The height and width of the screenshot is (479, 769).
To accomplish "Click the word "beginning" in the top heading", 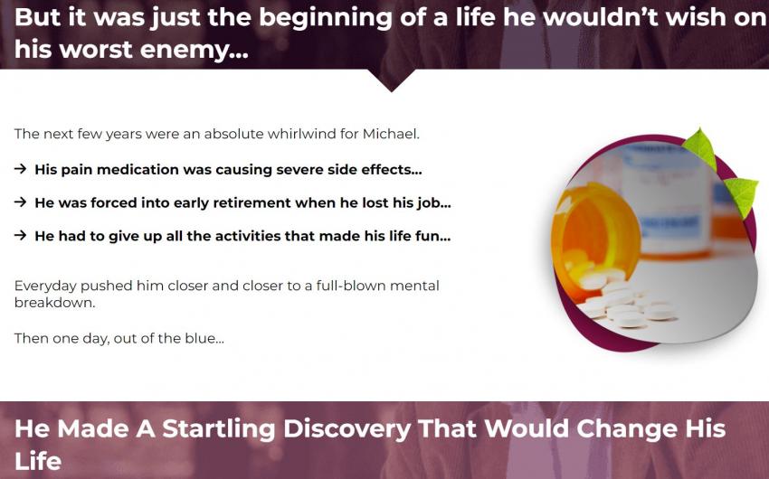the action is coord(325,19).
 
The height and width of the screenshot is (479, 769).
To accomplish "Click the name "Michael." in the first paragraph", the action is coord(391,134).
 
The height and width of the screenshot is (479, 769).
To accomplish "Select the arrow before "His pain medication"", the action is coord(20,169).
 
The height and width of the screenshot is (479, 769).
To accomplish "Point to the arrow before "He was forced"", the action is coord(20,202).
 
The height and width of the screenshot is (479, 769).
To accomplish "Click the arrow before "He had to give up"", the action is coord(20,236).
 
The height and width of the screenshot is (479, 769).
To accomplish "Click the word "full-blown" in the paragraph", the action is coord(346,286).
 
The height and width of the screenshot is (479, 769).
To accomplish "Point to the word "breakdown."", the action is coord(55,303).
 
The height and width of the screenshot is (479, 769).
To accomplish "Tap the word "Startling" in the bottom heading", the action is coord(219,429).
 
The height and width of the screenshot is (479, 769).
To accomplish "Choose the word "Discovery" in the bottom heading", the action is coord(347,429).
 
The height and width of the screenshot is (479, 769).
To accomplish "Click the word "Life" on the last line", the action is coord(38,461).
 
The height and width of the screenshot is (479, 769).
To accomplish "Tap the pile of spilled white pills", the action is coord(622,300).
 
